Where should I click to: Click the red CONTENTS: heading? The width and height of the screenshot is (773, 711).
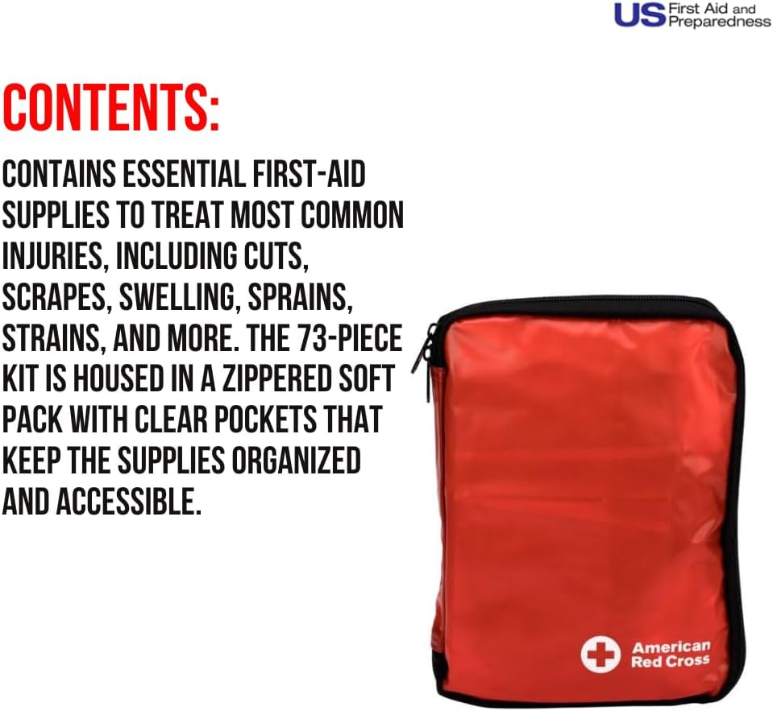point(110,107)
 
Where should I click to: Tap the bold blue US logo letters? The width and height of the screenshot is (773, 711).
point(639,14)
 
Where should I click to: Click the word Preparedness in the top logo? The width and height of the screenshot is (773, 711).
point(719,23)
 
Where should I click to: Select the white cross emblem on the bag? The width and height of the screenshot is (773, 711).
point(601,654)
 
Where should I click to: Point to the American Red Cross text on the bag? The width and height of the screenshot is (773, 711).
point(671,654)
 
